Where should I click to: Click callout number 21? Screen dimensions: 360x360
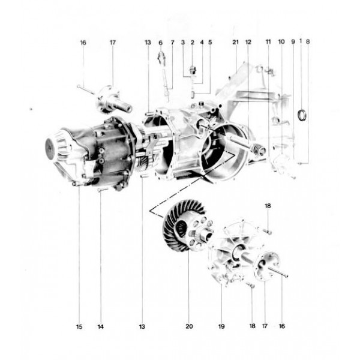(235, 42)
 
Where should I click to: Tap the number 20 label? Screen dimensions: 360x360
(189, 327)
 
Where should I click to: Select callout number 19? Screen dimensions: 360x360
(221, 327)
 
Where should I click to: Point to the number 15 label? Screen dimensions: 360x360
(79, 327)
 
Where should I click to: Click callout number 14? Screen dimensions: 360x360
(100, 327)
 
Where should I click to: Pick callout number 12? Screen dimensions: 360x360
(248, 42)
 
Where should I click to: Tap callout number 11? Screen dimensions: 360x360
(268, 42)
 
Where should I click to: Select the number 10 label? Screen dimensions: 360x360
(281, 42)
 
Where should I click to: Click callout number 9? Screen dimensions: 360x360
(293, 42)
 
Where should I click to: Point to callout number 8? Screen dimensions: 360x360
(308, 42)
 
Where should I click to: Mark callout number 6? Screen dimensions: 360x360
(161, 42)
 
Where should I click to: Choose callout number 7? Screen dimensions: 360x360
(172, 42)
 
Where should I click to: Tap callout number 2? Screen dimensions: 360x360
(193, 42)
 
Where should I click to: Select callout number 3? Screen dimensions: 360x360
(182, 42)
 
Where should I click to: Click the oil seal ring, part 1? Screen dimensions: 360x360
(305, 114)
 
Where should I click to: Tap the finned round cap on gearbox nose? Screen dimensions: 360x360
(57, 147)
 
